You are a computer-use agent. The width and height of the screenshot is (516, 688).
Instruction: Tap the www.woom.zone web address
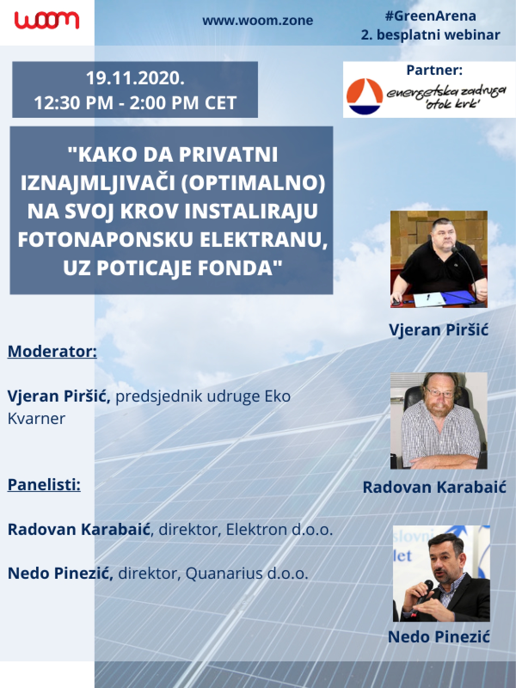coord(258,21)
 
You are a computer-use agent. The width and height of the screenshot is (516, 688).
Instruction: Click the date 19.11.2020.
coord(135,78)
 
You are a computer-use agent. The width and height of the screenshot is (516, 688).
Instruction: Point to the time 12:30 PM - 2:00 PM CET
coord(135,103)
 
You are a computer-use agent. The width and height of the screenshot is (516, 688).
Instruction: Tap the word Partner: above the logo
coord(435,70)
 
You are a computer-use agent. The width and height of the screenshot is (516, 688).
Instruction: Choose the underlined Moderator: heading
coord(52,351)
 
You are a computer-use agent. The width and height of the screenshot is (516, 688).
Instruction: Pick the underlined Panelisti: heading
coord(44,485)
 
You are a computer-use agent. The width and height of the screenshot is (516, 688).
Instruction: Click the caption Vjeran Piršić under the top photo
coord(439,329)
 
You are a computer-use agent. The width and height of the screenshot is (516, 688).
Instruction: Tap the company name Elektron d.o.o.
coord(279,529)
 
